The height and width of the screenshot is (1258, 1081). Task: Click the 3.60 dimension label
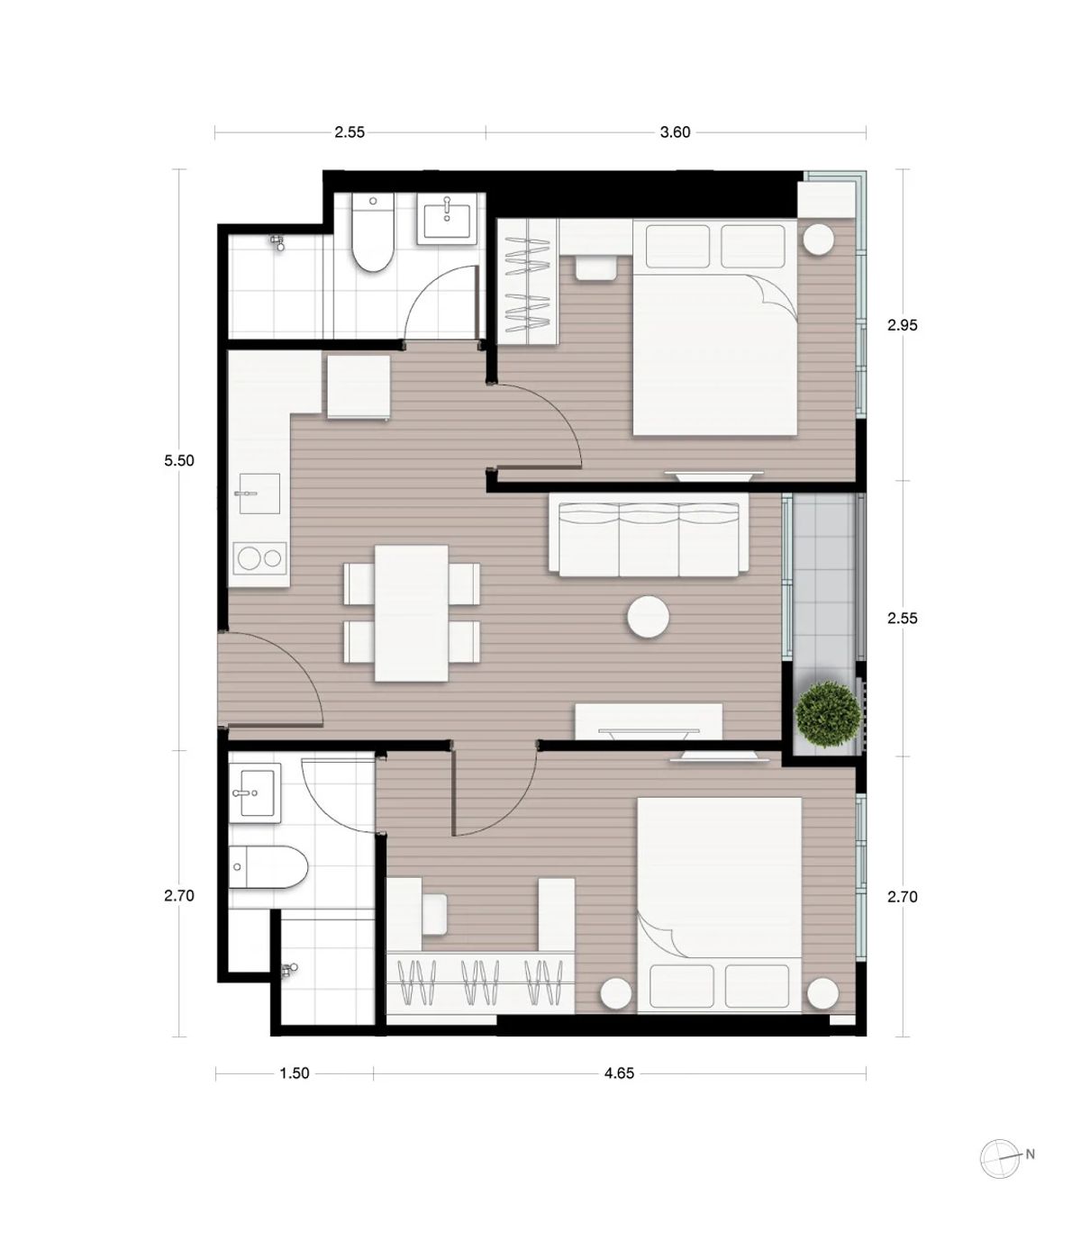[675, 132]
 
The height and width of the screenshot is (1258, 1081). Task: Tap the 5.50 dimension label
[179, 461]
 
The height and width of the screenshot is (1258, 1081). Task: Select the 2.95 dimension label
[902, 325]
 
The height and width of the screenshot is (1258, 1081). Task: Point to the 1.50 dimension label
[295, 1073]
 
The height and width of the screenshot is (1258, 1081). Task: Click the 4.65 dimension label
[619, 1073]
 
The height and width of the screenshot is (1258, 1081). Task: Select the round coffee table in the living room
[648, 617]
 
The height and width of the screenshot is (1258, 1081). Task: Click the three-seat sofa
[649, 534]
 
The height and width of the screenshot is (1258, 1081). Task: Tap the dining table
[412, 613]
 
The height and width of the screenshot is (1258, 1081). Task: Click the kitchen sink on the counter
[259, 493]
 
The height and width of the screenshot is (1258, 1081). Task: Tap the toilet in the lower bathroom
[268, 866]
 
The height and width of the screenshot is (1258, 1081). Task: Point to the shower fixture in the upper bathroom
[277, 242]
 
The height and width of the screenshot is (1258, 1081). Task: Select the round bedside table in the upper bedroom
[818, 240]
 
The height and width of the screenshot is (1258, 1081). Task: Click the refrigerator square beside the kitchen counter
[359, 387]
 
